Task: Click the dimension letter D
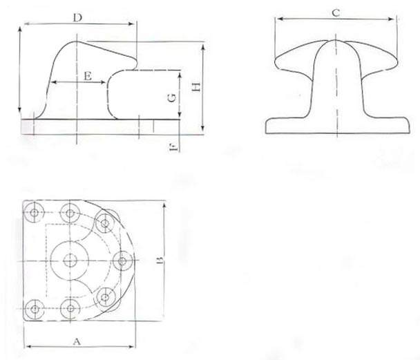click(79, 17)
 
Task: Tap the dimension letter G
click(171, 98)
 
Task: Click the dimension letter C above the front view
click(335, 12)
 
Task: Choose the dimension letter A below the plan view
click(77, 340)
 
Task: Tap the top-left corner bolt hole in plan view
click(33, 211)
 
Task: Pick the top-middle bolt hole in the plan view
click(70, 211)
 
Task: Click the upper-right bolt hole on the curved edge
click(105, 222)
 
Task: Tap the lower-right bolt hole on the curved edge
click(105, 299)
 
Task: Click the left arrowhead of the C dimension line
click(277, 21)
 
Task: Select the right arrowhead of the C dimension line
click(398, 21)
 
